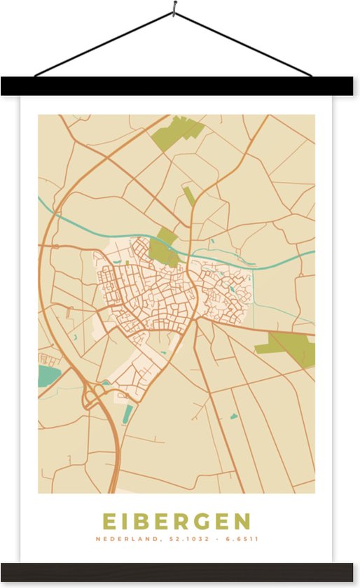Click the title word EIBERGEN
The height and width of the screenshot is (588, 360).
pyautogui.click(x=176, y=521)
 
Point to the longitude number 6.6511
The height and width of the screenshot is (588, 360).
pyautogui.click(x=244, y=539)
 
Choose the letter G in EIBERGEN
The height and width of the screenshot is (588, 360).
pyautogui.click(x=203, y=521)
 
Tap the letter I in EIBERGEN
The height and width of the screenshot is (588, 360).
pyautogui.click(x=125, y=521)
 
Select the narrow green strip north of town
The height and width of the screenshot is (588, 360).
pyautogui.click(x=188, y=195)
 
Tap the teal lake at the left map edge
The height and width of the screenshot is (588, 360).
pyautogui.click(x=47, y=375)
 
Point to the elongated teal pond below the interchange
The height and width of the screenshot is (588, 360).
pyautogui.click(x=127, y=414)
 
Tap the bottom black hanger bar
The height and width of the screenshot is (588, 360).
pyautogui.click(x=179, y=572)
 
